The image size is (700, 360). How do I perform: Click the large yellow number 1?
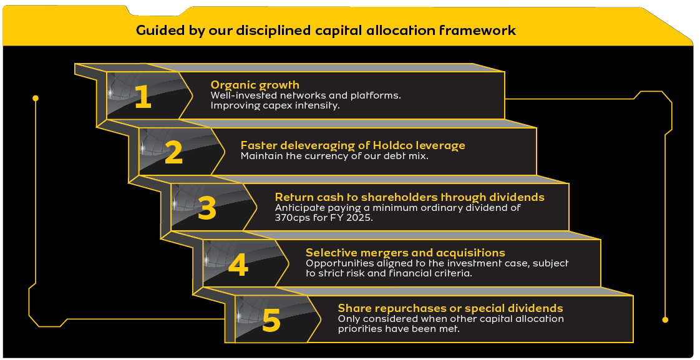click(143, 97)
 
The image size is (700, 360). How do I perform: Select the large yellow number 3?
click(207, 208)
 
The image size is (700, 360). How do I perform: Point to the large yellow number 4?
click(238, 265)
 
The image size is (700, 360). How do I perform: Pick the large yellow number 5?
click(271, 320)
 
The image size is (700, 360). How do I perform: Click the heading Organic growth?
click(255, 85)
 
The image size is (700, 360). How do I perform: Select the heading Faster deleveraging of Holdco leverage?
click(352, 145)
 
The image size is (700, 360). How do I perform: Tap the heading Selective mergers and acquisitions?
click(406, 253)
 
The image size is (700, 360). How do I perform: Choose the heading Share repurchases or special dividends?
click(450, 308)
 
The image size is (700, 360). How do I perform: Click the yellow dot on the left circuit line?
click(36, 98)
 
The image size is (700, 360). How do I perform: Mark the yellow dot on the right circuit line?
click(665, 320)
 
